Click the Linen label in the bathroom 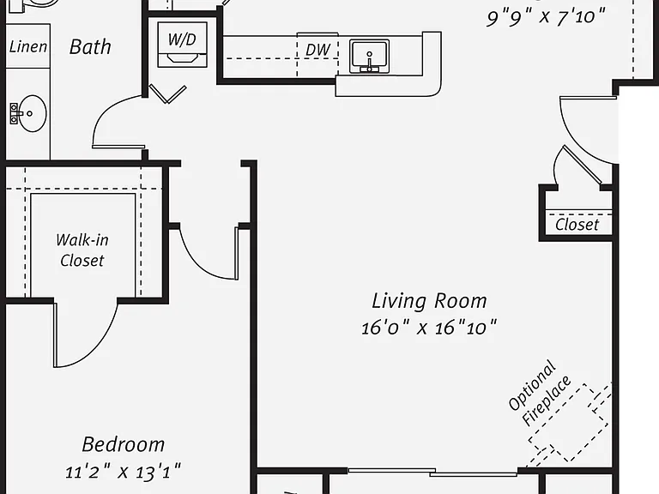(28, 46)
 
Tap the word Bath (90, 46)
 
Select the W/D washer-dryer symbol (183, 45)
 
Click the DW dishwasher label (317, 50)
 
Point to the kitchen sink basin (370, 56)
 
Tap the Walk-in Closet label (82, 250)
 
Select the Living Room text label (429, 301)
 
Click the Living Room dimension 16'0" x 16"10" (429, 328)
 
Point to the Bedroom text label (124, 444)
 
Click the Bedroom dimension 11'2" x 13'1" (123, 472)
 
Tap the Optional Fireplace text (539, 393)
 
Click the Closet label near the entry (577, 225)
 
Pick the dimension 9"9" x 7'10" (546, 17)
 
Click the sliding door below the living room (432, 473)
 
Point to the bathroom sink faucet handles (15, 113)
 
